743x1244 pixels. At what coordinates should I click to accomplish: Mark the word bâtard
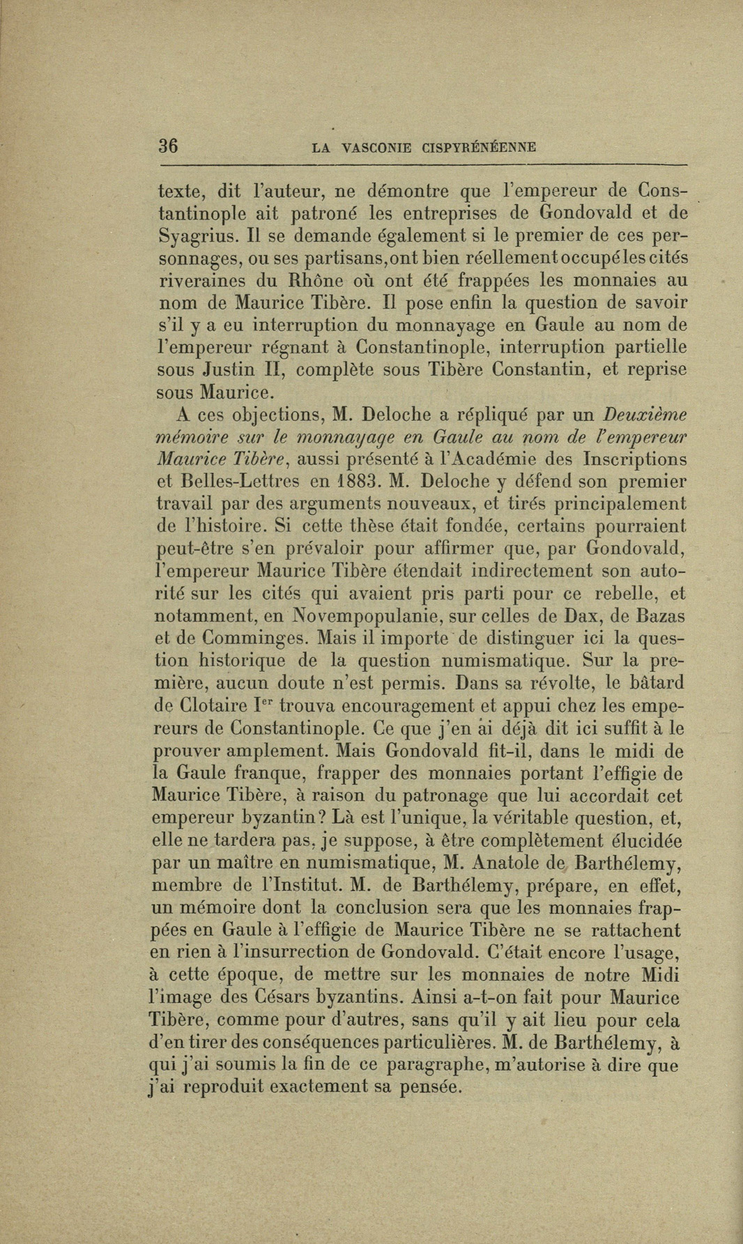point(652,683)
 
